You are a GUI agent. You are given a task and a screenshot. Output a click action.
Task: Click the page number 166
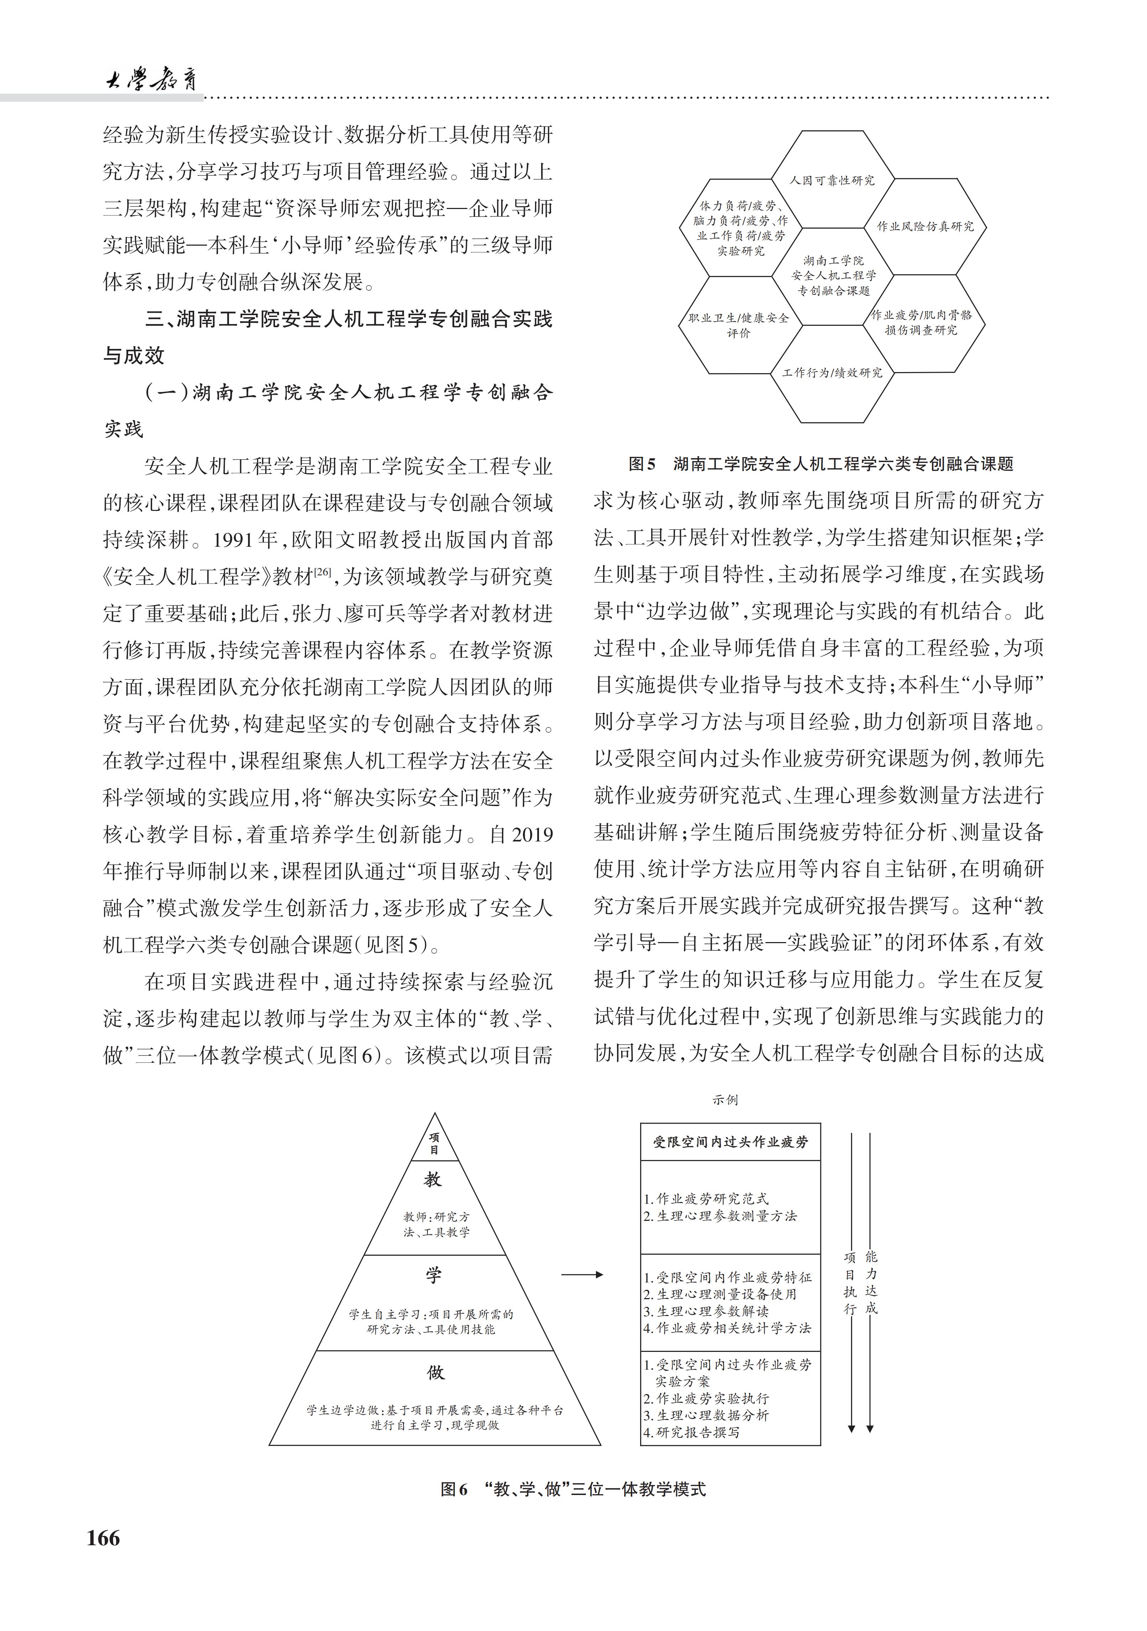click(104, 1538)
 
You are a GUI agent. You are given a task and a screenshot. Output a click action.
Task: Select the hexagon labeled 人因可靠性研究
click(832, 181)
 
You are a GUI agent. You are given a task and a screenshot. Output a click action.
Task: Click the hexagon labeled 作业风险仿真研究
click(925, 226)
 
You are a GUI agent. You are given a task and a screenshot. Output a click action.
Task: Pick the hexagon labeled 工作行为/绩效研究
click(832, 372)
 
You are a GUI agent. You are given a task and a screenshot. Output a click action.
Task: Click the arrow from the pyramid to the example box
click(582, 1274)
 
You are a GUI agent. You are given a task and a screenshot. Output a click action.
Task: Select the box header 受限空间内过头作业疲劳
click(731, 1142)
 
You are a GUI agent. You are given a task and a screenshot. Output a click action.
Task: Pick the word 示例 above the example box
click(725, 1100)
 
